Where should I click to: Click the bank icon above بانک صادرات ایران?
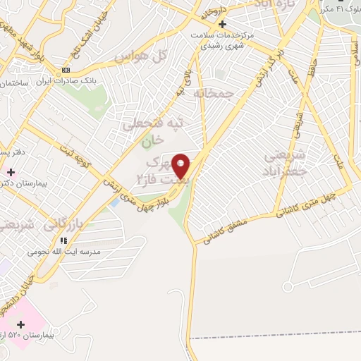pyautogui.click(x=66, y=70)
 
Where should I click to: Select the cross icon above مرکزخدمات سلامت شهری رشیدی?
pyautogui.click(x=222, y=23)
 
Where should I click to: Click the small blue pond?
pyautogui.click(x=114, y=203)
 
